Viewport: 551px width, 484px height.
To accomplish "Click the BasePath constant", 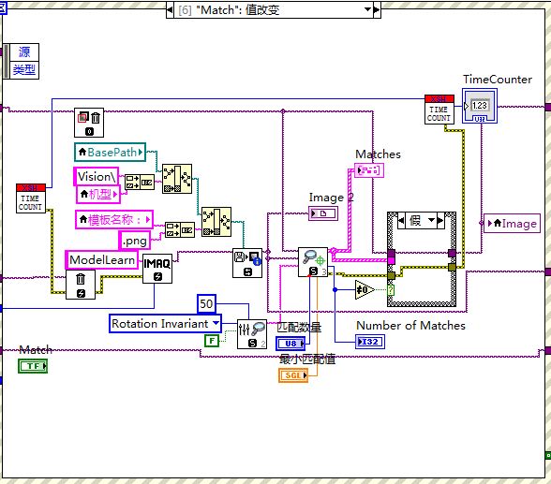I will [110, 152].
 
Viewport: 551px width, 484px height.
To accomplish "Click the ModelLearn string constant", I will [101, 259].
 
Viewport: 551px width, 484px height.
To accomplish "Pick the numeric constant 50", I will [207, 303].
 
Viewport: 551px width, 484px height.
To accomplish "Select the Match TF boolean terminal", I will [34, 365].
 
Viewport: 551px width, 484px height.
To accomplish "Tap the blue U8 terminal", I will [291, 344].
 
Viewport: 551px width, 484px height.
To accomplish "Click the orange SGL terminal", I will [293, 375].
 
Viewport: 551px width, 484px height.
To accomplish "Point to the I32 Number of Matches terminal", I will [371, 341].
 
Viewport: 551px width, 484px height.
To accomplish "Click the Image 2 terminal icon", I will [323, 214].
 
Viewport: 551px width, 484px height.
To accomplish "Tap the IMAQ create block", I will [156, 268].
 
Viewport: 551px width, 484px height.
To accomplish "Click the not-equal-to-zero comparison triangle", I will [365, 290].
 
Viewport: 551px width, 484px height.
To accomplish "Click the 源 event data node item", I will [24, 51].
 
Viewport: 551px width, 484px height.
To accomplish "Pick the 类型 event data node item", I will [23, 69].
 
